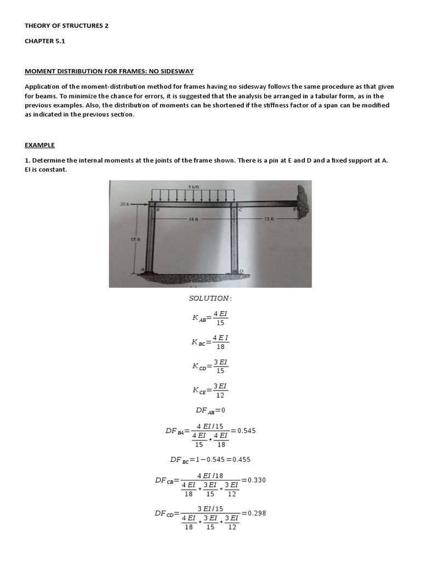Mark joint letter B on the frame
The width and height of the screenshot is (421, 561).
[x=158, y=209]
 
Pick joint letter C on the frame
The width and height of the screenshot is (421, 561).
[x=240, y=209]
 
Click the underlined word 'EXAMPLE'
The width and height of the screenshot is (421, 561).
[x=39, y=145]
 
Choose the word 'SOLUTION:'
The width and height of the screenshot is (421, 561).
[x=210, y=298]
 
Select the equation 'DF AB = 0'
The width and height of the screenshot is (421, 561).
[x=210, y=410]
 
